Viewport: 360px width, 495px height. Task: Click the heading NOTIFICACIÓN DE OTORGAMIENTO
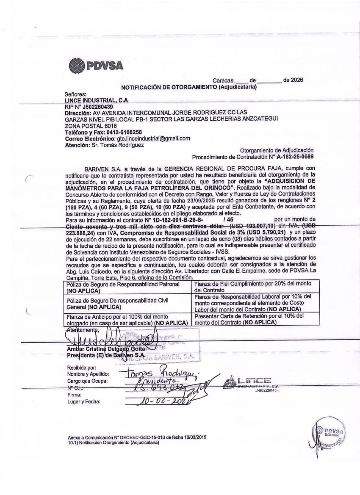(x=189, y=87)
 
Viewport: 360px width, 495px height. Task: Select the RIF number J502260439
(x=98, y=107)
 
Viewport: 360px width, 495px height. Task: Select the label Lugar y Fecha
(x=84, y=401)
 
